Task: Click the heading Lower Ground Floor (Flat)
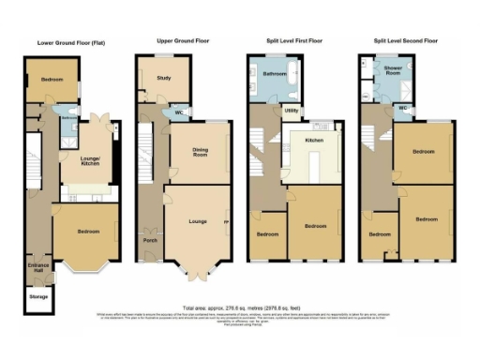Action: click(70, 42)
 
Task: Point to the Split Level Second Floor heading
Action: click(403, 42)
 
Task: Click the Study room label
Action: click(163, 79)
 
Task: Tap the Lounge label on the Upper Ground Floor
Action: click(197, 221)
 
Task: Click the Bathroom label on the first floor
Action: click(274, 73)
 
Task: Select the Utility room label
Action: click(292, 111)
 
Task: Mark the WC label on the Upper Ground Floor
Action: click(177, 114)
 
